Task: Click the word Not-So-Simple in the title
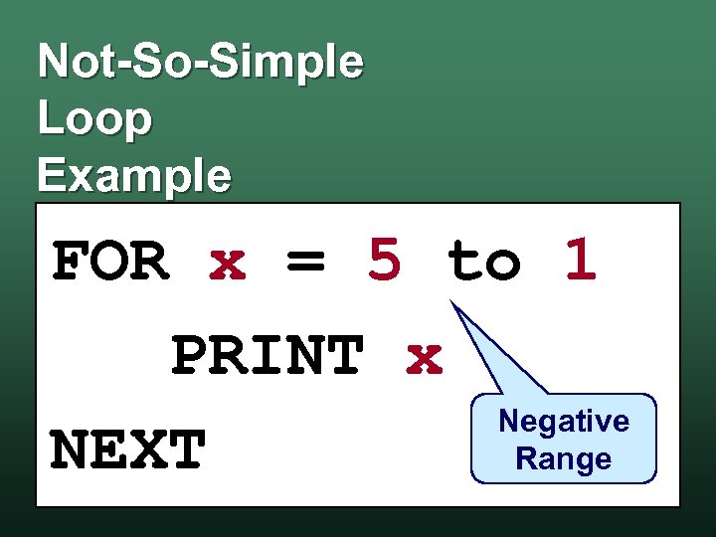(x=201, y=62)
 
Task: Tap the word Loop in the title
(x=94, y=119)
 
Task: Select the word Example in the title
(x=134, y=176)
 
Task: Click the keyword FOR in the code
(x=109, y=263)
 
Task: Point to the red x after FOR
(x=228, y=263)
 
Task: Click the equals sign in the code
(x=306, y=263)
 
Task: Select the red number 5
(x=385, y=261)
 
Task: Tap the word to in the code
(x=483, y=263)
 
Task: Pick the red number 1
(x=581, y=261)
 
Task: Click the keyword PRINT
(x=267, y=357)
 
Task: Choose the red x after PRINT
(x=425, y=358)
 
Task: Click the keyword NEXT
(x=128, y=450)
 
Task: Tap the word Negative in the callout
(x=564, y=422)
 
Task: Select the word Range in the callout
(x=564, y=459)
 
